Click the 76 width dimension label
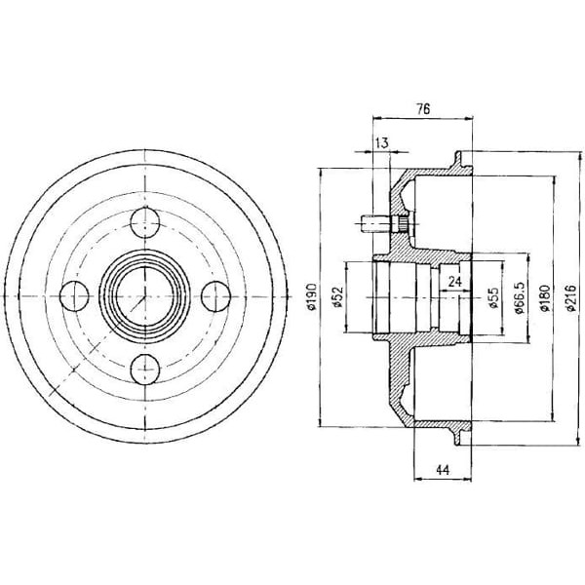[423, 108]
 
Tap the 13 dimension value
[382, 142]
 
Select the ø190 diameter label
[312, 297]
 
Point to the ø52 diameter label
[338, 297]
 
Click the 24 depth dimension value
[454, 282]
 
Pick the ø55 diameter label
[494, 297]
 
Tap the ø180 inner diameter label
[545, 297]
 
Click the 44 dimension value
[443, 469]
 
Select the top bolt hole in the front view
[145, 223]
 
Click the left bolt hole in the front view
[75, 296]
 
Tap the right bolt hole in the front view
[216, 296]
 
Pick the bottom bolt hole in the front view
[145, 369]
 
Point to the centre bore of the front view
[145, 296]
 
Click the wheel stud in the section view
[385, 224]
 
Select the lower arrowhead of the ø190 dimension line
[320, 421]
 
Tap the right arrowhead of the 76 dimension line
[467, 119]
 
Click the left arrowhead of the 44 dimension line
[419, 479]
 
